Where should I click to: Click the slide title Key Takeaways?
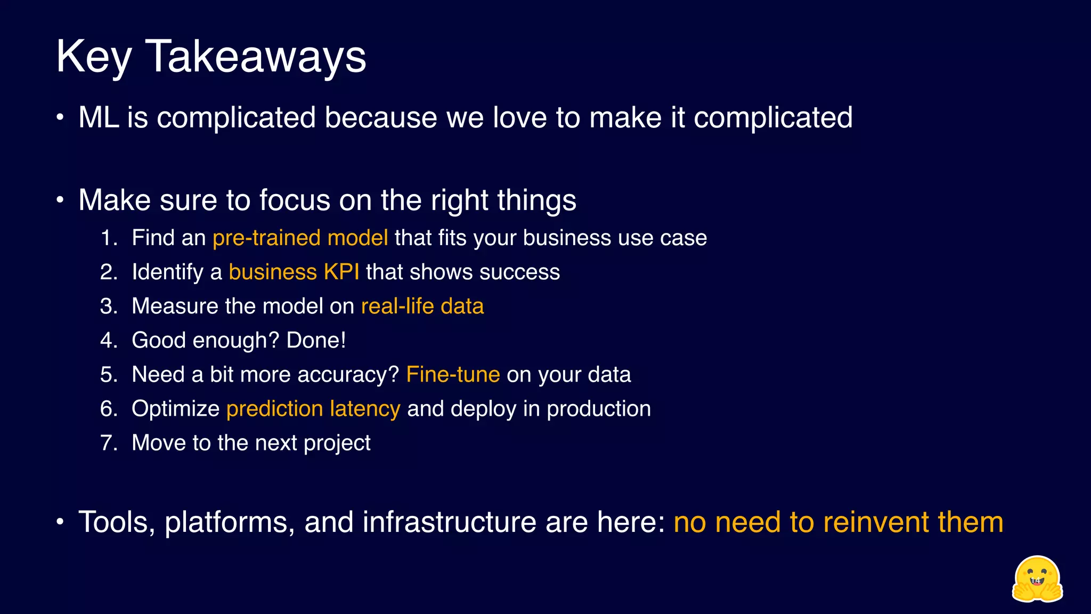pyautogui.click(x=211, y=56)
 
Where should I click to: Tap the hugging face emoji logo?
pyautogui.click(x=1037, y=579)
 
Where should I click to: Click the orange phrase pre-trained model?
pyautogui.click(x=300, y=238)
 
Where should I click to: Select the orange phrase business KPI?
pyautogui.click(x=294, y=272)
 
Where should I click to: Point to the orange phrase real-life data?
pyautogui.click(x=422, y=306)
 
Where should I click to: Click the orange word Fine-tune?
pyautogui.click(x=453, y=375)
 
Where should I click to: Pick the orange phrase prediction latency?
pyautogui.click(x=313, y=409)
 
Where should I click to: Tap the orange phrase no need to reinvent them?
pyautogui.click(x=838, y=522)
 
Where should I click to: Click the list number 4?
pyautogui.click(x=108, y=341)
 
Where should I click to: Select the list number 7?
pyautogui.click(x=108, y=443)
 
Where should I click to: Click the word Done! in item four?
pyautogui.click(x=316, y=341)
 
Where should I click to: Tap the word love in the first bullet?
pyautogui.click(x=519, y=118)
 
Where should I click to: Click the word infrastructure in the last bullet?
pyautogui.click(x=449, y=522)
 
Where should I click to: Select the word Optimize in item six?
pyautogui.click(x=175, y=409)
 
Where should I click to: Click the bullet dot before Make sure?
pyautogui.click(x=60, y=200)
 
